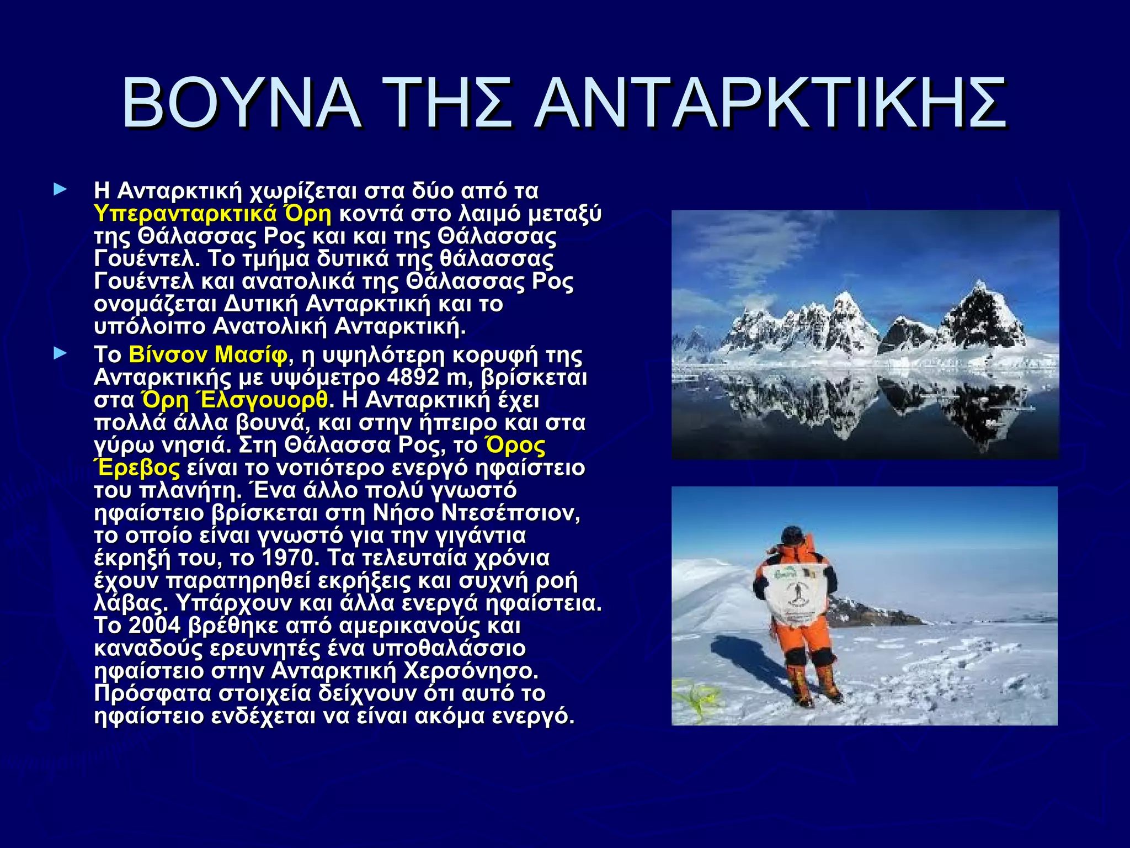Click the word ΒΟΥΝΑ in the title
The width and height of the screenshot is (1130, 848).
[242, 103]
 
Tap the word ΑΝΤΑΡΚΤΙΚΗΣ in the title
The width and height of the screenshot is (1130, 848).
[771, 103]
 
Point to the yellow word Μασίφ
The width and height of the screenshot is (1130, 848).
[251, 354]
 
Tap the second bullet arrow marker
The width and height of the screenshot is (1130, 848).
[60, 354]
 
